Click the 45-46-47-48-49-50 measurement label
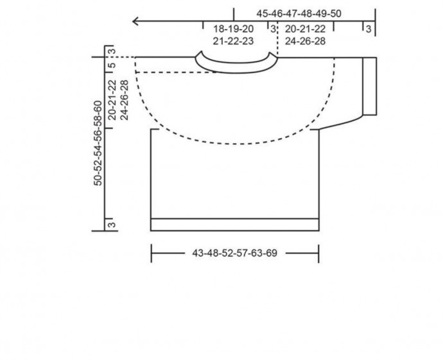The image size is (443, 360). (299, 13)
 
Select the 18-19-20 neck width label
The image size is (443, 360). (233, 29)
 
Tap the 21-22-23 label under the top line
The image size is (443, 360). (233, 41)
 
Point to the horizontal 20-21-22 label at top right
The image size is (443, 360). (305, 29)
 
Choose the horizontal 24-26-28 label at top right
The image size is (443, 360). (305, 41)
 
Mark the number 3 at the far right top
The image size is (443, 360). (369, 29)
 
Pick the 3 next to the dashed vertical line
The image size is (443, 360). (273, 29)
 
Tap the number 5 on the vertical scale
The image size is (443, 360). (112, 65)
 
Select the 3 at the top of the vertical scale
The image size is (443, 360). (112, 51)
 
